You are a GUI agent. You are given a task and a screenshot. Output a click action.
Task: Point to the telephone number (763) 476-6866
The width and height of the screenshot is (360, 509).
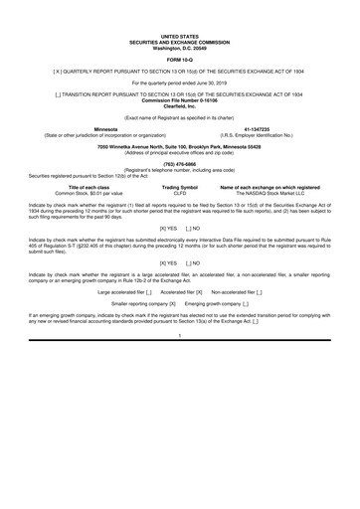tap(179, 164)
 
